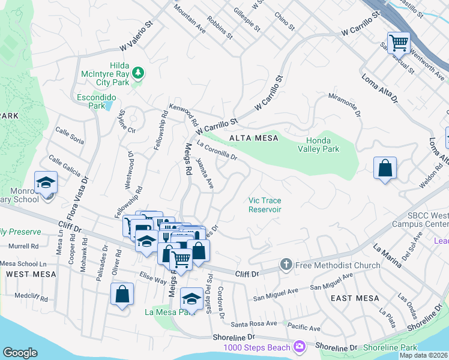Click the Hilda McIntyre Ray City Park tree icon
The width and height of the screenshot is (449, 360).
[139, 73]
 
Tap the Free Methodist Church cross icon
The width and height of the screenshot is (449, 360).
[286, 265]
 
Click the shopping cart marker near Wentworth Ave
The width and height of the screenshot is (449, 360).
[399, 43]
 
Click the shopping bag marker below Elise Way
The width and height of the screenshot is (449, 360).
[122, 295]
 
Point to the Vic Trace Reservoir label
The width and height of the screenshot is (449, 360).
[265, 205]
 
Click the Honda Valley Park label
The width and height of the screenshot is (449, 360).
[319, 145]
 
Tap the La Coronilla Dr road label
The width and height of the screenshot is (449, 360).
[217, 151]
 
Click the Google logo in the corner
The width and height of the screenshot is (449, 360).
[20, 353]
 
